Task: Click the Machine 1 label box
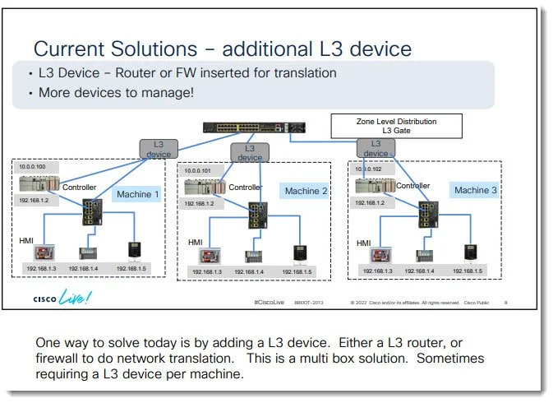(136, 194)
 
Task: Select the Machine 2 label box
(306, 191)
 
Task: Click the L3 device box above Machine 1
(159, 148)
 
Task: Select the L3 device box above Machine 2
(251, 152)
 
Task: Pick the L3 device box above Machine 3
(376, 148)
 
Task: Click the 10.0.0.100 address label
(34, 167)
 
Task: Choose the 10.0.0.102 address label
(371, 169)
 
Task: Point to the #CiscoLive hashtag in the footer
(270, 303)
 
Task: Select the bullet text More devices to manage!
(116, 93)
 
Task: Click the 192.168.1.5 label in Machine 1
(132, 268)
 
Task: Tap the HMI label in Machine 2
(196, 242)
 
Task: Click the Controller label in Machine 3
(413, 186)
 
